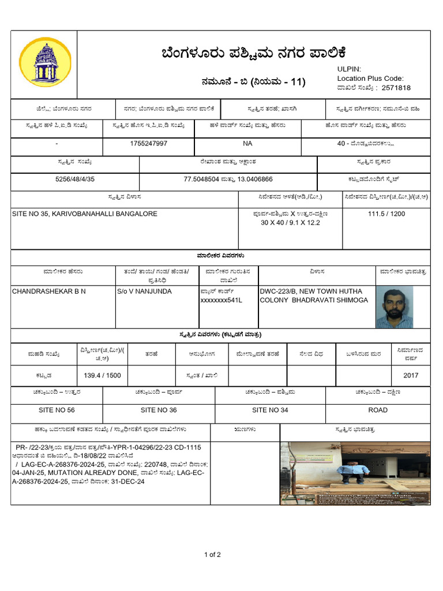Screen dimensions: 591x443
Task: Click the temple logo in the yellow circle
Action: (x=45, y=62)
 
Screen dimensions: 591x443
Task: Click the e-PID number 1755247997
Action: (x=149, y=143)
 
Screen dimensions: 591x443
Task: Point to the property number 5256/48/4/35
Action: (x=75, y=179)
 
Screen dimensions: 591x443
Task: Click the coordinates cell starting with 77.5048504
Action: (x=228, y=179)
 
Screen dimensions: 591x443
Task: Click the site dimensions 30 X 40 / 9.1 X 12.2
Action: (x=290, y=222)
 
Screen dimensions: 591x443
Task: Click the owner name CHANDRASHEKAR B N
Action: (x=49, y=291)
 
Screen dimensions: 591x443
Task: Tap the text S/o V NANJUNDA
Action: (x=144, y=291)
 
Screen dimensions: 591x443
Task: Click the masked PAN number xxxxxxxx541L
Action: (x=221, y=300)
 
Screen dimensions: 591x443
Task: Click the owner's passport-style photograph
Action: (x=395, y=308)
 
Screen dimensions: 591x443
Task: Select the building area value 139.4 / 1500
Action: (x=102, y=375)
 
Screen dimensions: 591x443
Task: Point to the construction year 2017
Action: (x=411, y=375)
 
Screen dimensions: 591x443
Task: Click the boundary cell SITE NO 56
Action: (x=57, y=410)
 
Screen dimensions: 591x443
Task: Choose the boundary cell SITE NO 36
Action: (x=159, y=410)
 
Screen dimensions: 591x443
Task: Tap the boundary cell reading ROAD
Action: (x=378, y=410)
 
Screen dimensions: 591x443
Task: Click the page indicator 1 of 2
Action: (x=212, y=555)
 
